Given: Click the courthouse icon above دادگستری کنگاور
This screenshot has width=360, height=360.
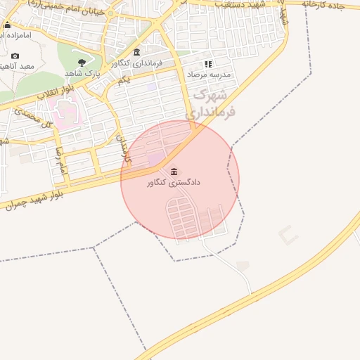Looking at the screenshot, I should coord(174,171).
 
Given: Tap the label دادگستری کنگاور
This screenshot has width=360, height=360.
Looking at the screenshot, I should coord(174,183).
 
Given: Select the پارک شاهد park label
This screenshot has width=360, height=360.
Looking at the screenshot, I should coord(84,72).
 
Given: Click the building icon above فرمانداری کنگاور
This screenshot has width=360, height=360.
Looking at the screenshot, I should coord(136,52).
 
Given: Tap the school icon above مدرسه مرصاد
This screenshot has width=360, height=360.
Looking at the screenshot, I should coord(207,63).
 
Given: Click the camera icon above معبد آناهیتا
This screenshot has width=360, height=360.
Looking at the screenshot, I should coord(15,56).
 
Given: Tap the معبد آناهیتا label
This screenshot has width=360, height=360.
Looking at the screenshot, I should coord(17,66).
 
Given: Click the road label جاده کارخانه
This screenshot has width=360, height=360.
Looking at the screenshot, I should coord(330,4).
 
